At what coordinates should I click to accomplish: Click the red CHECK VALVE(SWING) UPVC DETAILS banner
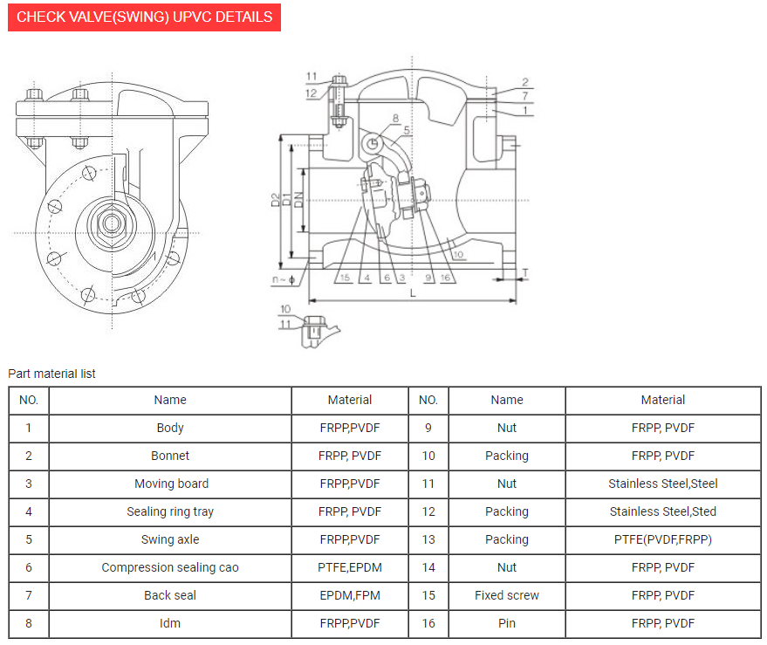point(144,17)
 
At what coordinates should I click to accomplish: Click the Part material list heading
point(51,374)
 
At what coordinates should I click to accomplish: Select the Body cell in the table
point(170,428)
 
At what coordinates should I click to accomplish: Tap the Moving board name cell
point(171,484)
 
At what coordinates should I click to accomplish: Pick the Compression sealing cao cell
point(170,567)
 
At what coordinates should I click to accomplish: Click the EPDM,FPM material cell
point(349,595)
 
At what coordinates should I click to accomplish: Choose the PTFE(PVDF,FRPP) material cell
point(662,539)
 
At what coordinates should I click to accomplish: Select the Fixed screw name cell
point(506,595)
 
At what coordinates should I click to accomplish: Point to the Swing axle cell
point(170,539)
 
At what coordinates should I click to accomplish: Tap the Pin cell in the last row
point(506,623)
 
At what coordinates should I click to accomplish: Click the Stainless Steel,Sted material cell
point(662,511)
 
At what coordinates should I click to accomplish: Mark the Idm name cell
point(170,623)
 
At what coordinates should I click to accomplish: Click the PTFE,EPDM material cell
point(349,567)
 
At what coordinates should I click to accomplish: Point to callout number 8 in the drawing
point(395,118)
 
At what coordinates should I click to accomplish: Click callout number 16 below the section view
point(446,278)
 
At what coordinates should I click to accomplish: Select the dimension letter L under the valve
point(413,293)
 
